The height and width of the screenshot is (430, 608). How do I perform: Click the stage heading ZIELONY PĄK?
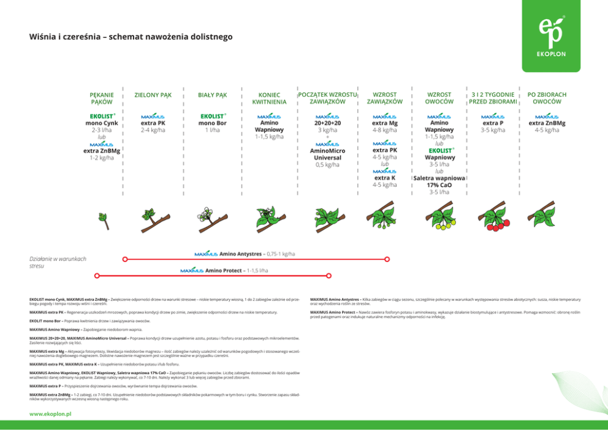click(153, 96)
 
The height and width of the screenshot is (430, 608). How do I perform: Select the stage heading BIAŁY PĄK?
click(212, 96)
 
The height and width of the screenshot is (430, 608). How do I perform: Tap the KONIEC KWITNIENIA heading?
click(270, 99)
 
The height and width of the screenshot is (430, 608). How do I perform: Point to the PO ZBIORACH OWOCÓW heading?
click(547, 99)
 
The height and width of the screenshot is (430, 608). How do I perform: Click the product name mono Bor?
click(212, 123)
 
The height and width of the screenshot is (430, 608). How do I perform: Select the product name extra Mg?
click(384, 123)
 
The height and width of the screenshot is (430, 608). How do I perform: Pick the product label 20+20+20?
click(327, 123)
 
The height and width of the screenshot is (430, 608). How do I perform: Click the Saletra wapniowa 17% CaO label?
click(439, 181)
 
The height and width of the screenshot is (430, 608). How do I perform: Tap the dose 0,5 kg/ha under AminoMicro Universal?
click(327, 165)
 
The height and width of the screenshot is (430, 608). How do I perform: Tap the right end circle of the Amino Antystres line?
click(387, 259)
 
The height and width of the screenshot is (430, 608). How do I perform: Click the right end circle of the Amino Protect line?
click(329, 276)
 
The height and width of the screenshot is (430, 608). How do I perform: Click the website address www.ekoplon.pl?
click(50, 414)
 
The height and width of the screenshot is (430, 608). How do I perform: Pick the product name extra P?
click(493, 123)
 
